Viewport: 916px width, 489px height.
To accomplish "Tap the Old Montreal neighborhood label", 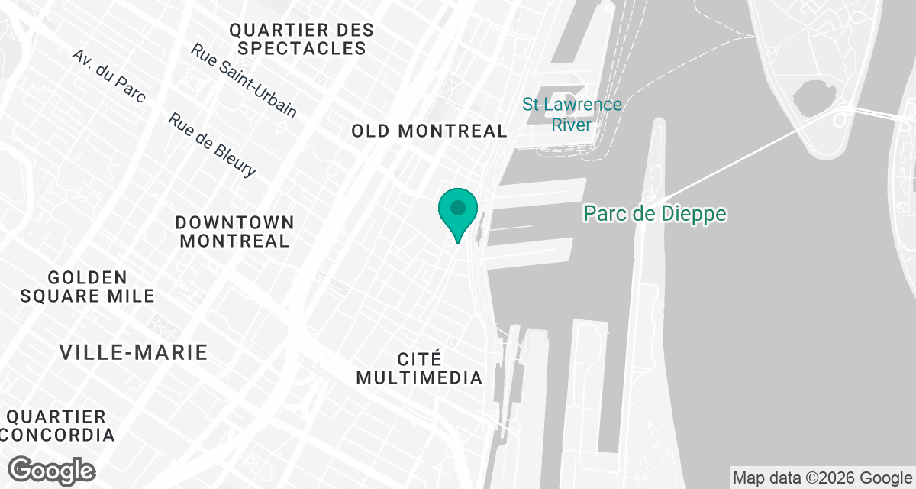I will [429, 131].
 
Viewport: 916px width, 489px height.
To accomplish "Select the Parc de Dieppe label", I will [655, 213].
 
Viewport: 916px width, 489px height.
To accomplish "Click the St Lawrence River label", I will [572, 114].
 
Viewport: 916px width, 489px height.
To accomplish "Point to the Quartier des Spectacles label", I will [302, 39].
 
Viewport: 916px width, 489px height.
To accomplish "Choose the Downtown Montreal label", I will [234, 232].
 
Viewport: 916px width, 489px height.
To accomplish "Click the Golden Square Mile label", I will [88, 286].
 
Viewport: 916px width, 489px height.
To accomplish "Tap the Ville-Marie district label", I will [134, 352].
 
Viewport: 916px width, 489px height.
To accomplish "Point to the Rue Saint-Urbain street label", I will [244, 80].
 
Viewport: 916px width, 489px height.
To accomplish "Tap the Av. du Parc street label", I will [109, 78].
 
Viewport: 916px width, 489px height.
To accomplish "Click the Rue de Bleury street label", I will [212, 145].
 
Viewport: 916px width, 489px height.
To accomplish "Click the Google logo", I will [52, 470].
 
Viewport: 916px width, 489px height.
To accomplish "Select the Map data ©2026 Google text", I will [822, 479].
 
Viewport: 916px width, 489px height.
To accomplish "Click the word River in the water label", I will [572, 125].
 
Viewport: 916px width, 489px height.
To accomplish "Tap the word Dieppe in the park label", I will [693, 213].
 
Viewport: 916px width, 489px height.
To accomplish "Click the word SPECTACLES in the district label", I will [302, 48].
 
